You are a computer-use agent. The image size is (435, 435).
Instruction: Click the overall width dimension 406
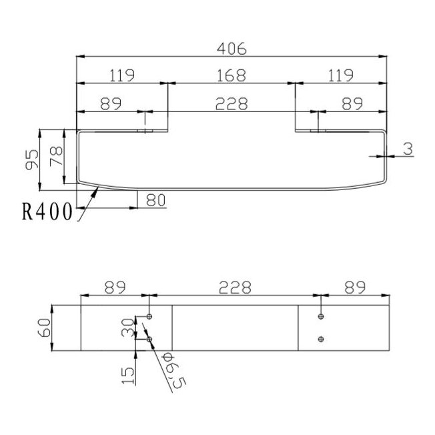tap(232, 49)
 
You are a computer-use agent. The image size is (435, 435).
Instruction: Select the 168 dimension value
tap(231, 75)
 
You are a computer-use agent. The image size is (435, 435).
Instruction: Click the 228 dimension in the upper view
tap(231, 103)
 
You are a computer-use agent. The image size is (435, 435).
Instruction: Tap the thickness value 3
tap(407, 149)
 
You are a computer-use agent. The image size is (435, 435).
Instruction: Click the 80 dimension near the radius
tap(155, 199)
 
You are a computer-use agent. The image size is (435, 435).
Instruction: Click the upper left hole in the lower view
tap(149, 316)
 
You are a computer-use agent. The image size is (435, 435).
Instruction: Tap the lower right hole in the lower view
tap(322, 339)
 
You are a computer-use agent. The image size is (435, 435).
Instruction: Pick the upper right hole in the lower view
tap(322, 316)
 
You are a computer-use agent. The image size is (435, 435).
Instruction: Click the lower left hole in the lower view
tap(149, 339)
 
